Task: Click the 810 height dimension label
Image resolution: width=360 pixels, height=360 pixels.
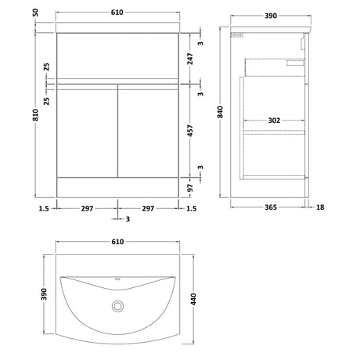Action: (x=35, y=115)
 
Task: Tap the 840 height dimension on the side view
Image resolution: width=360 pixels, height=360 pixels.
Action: (x=221, y=112)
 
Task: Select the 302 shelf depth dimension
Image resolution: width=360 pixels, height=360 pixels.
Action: (x=274, y=121)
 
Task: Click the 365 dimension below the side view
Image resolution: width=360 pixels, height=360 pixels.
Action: (x=271, y=207)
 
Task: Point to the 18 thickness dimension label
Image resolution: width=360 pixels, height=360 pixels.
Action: (x=320, y=207)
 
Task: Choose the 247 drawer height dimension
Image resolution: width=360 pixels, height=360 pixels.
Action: (x=190, y=59)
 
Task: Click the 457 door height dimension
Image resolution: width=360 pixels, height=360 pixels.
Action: (x=190, y=131)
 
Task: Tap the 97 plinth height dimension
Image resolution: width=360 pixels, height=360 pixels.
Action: (x=190, y=188)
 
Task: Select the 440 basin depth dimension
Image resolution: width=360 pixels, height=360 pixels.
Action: (x=193, y=299)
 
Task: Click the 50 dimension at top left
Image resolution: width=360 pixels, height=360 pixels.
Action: (x=35, y=13)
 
